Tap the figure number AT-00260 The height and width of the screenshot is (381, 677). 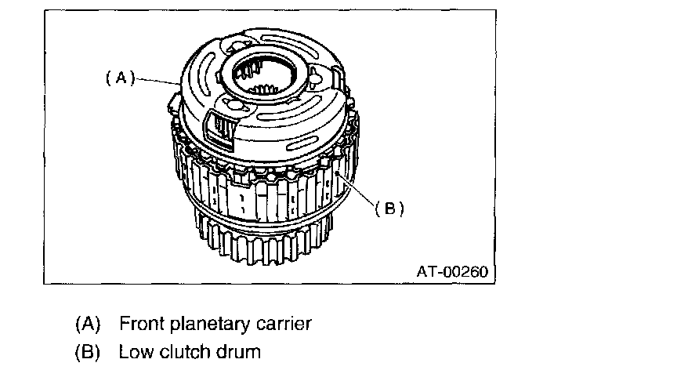click(452, 271)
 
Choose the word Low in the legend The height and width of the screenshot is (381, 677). click(134, 351)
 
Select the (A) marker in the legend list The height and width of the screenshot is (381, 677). click(88, 324)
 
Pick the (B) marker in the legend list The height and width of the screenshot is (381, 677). click(88, 351)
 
